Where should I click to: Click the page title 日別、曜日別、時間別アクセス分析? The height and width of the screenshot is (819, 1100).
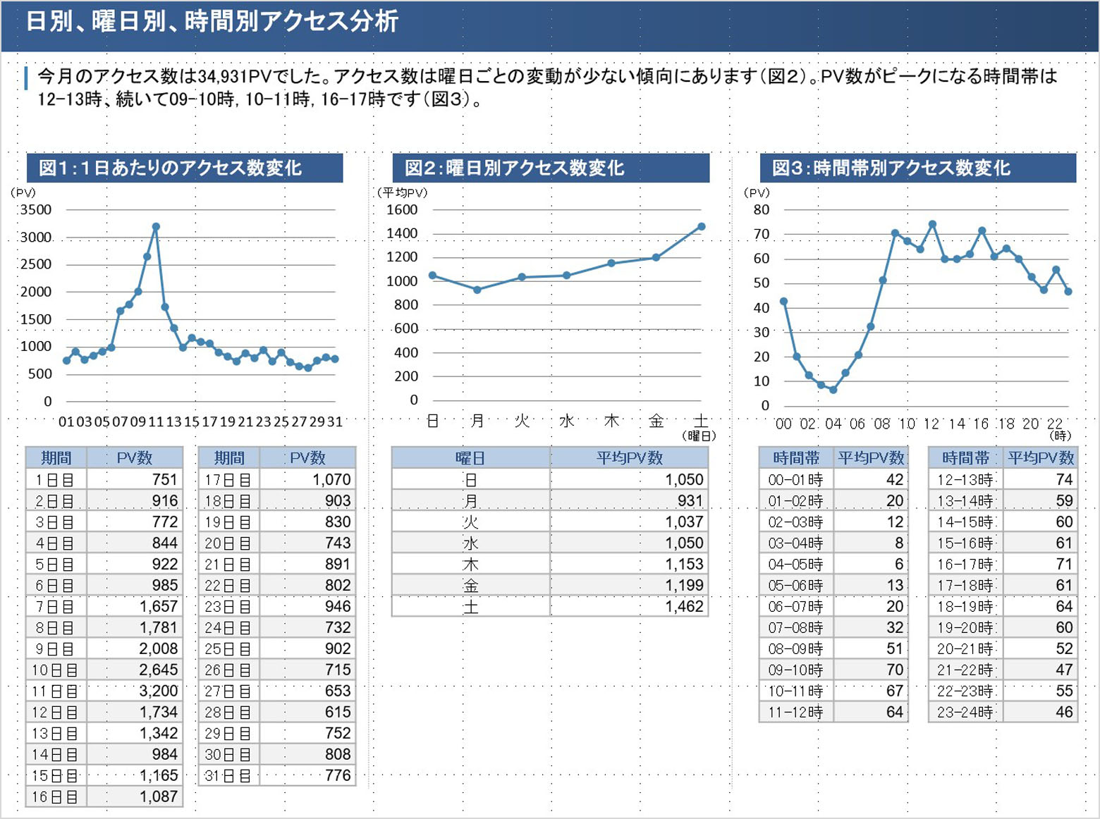tap(212, 21)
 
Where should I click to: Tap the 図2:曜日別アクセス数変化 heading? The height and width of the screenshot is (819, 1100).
tap(514, 168)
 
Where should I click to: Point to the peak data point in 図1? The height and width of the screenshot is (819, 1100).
tap(156, 226)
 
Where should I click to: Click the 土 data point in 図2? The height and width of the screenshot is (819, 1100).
tap(701, 226)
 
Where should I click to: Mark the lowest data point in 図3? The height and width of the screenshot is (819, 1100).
tap(833, 390)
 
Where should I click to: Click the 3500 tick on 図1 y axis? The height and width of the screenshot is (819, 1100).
tap(35, 209)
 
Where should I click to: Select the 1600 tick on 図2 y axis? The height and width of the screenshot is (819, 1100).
tap(402, 209)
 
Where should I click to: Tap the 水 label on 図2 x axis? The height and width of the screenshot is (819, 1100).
tap(567, 421)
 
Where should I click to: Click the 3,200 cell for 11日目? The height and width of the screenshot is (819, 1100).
tap(158, 691)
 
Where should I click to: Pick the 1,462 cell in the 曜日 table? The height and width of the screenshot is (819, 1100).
tap(684, 606)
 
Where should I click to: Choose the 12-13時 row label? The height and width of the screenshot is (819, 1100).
tap(965, 480)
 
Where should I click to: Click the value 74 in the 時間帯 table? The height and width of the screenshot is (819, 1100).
tap(1064, 480)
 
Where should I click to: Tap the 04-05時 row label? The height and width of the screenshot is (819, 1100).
tap(795, 565)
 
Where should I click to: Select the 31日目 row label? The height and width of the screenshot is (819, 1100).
tap(228, 775)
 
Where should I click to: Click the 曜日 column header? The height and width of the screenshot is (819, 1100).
tap(470, 458)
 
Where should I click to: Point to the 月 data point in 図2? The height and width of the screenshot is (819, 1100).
tap(477, 290)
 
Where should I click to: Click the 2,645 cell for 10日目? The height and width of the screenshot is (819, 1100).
tap(158, 670)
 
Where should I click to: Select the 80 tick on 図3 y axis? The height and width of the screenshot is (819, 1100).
tap(762, 209)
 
